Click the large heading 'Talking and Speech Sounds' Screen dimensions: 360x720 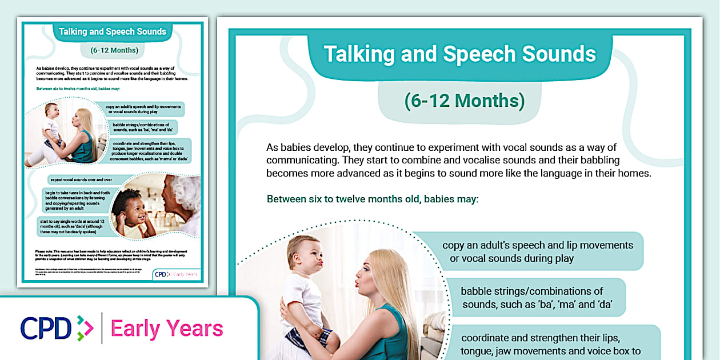pos(460,54)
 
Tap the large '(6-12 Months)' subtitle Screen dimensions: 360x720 pos(464,101)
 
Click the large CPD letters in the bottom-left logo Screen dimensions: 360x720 pos(46,328)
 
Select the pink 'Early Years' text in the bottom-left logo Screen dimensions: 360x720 pos(166,329)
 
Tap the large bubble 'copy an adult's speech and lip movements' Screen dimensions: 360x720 pos(537,251)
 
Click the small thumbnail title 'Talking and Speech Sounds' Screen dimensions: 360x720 pos(112,32)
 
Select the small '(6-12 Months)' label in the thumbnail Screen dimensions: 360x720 pos(114,50)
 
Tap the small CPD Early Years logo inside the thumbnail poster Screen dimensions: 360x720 pos(177,274)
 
